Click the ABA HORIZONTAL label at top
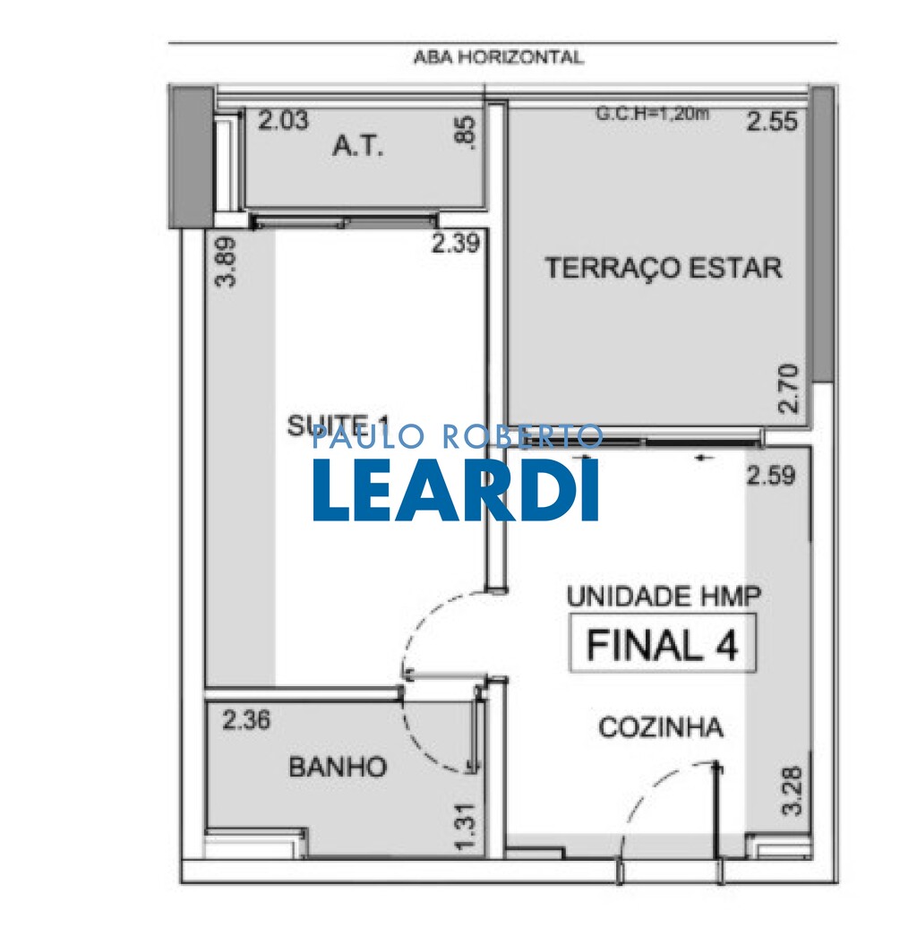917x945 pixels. (x=498, y=57)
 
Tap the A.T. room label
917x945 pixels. (x=358, y=147)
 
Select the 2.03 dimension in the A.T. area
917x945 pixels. (x=283, y=121)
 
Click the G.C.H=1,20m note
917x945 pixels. (x=654, y=114)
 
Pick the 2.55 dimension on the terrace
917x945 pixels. (x=772, y=121)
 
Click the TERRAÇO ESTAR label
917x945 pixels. (x=664, y=268)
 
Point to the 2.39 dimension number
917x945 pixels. (x=457, y=243)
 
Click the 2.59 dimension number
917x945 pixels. (x=770, y=476)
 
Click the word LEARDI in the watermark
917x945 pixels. (x=456, y=491)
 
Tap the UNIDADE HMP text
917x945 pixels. (x=664, y=596)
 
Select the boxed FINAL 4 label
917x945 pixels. (x=663, y=644)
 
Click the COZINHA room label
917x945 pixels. (x=660, y=727)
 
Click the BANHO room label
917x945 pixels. (x=338, y=767)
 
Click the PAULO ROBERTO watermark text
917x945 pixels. (x=457, y=437)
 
